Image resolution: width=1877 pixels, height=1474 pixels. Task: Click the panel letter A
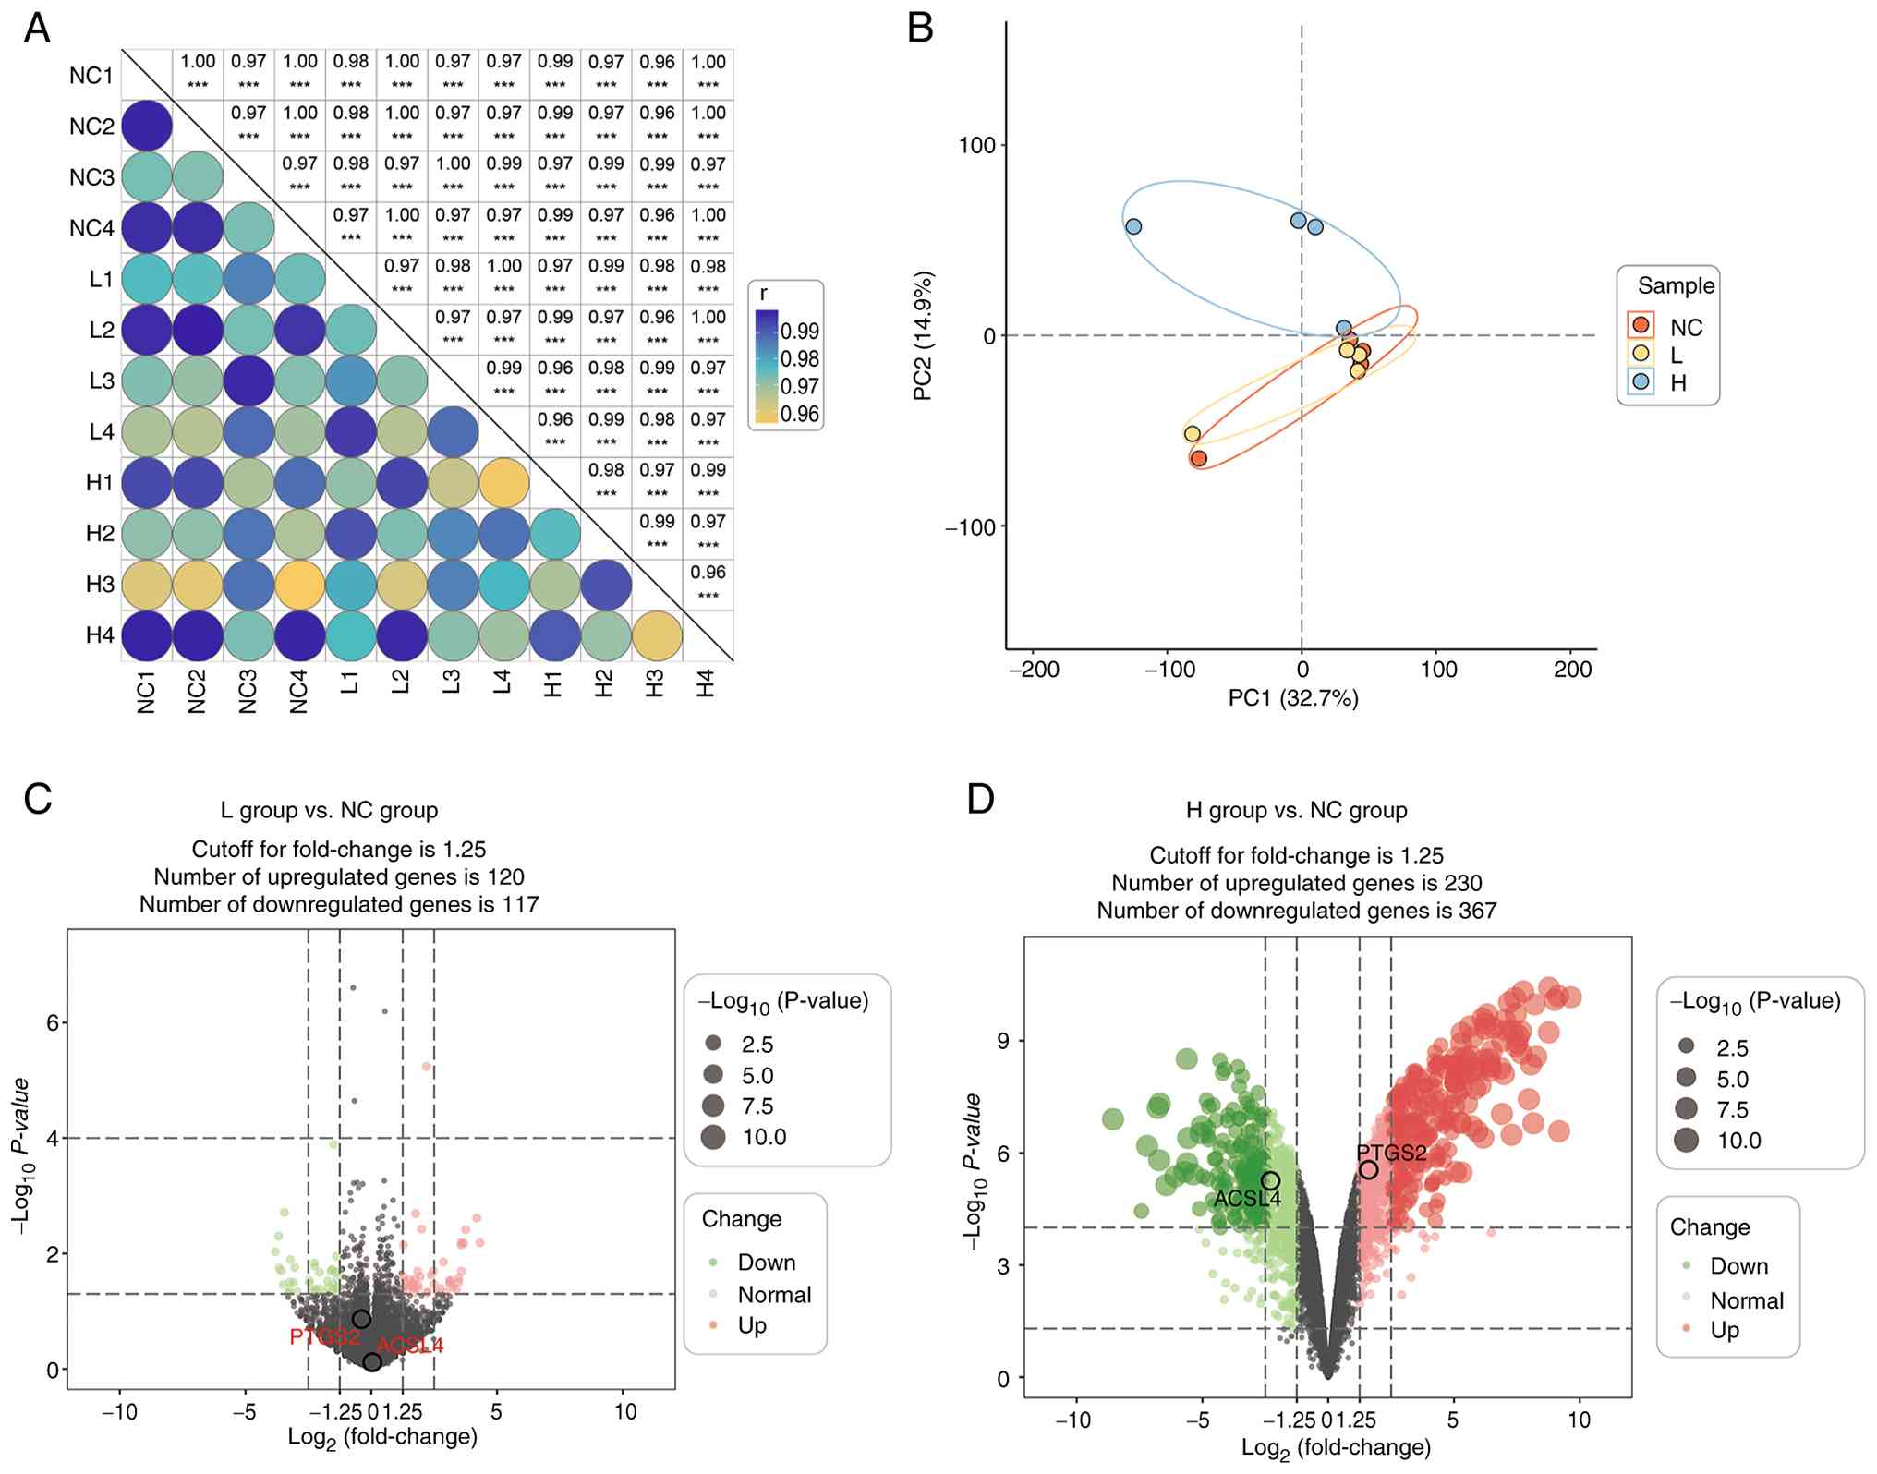pyautogui.click(x=37, y=29)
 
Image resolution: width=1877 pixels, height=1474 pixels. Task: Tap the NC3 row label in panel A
pyautogui.click(x=91, y=177)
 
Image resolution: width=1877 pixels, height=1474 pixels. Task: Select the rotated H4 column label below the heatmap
pyautogui.click(x=706, y=684)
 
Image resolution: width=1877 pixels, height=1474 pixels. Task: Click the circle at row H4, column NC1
pyautogui.click(x=146, y=635)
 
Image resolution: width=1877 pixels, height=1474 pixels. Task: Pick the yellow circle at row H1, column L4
pyautogui.click(x=503, y=482)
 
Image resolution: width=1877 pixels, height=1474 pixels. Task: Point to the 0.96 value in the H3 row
pyautogui.click(x=708, y=573)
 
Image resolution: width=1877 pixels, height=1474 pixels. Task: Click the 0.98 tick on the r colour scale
pyautogui.click(x=800, y=359)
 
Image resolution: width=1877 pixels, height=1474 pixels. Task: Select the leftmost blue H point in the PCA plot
pyautogui.click(x=1133, y=226)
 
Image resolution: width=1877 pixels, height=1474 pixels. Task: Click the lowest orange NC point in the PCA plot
pyautogui.click(x=1199, y=458)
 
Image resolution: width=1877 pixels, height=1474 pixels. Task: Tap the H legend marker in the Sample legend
pyautogui.click(x=1641, y=381)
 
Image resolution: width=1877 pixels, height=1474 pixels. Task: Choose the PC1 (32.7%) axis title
pyautogui.click(x=1292, y=698)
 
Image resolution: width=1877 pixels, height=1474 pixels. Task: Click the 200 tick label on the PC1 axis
pyautogui.click(x=1572, y=670)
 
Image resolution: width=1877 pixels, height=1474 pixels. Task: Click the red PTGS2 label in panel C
pyautogui.click(x=324, y=1336)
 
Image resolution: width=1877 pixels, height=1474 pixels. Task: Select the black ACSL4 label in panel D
pyautogui.click(x=1247, y=1200)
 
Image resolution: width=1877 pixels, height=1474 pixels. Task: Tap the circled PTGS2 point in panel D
pyautogui.click(x=1368, y=1169)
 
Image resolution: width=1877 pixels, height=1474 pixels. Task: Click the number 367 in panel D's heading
pyautogui.click(x=1477, y=911)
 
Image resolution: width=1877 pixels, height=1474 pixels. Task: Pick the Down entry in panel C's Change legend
pyautogui.click(x=766, y=1263)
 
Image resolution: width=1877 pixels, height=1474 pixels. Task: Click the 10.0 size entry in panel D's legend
pyautogui.click(x=1738, y=1141)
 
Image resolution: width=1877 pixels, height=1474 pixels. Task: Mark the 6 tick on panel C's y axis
pyautogui.click(x=53, y=1022)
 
